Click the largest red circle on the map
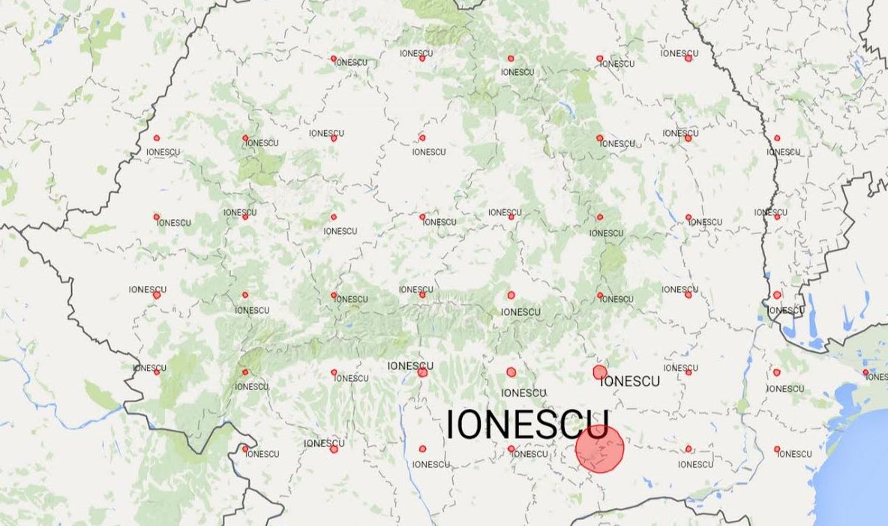point(600,449)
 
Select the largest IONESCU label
point(527,425)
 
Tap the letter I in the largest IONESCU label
point(451,425)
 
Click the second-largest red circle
point(599,372)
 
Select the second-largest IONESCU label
point(631,381)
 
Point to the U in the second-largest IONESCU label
point(655,381)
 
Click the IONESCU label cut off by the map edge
point(877,377)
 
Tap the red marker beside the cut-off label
point(865,371)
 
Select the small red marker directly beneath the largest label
point(511,449)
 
